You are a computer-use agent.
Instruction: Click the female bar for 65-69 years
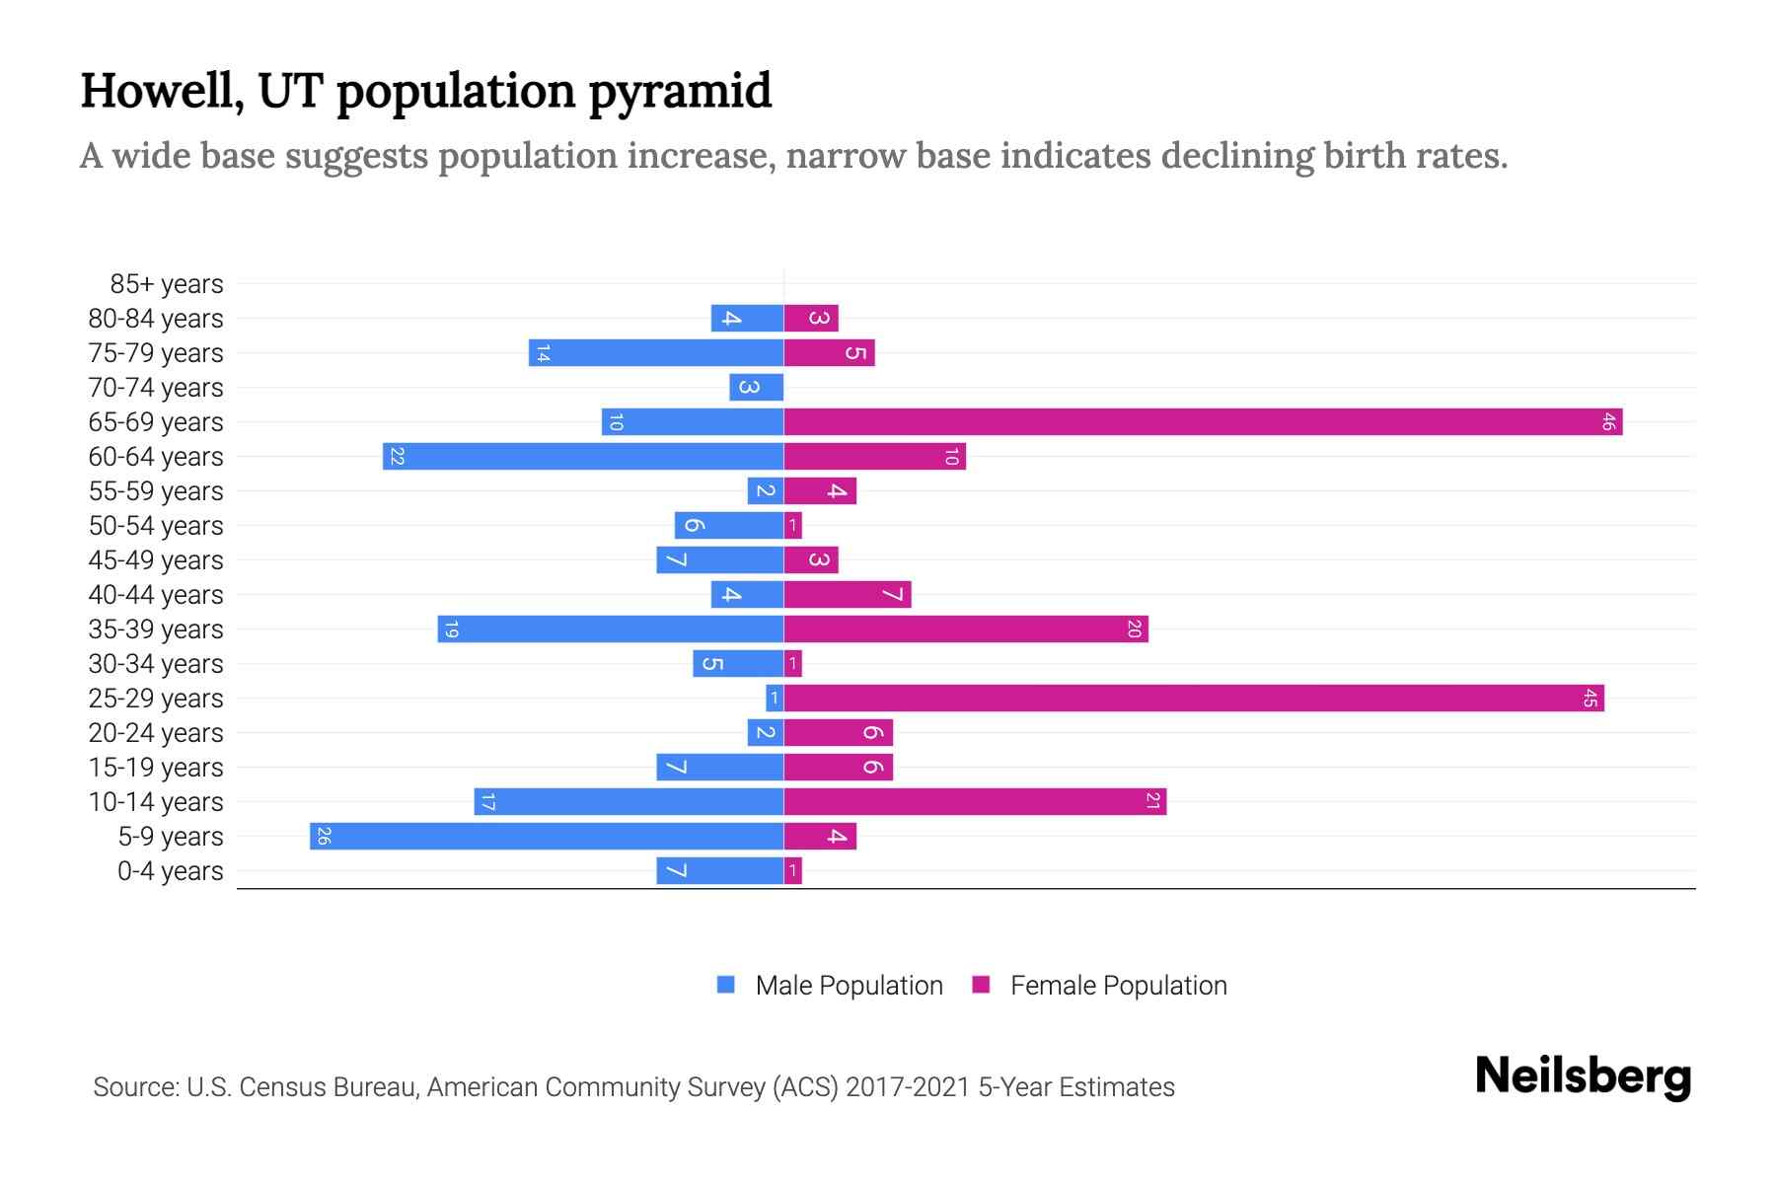pos(1202,422)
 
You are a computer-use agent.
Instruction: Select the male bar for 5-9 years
pos(547,837)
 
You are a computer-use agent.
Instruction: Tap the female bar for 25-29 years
pos(1194,699)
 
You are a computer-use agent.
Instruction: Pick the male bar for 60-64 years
pos(583,457)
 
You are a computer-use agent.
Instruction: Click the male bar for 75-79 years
pos(656,353)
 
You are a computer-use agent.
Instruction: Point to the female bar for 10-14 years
pos(975,802)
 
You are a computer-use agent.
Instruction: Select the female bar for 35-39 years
pos(965,629)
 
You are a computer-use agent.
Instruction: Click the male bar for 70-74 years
pos(757,388)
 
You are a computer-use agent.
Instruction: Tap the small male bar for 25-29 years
pos(775,699)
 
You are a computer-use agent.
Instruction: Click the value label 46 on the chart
pos(1608,422)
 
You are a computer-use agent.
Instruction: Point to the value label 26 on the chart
pos(323,837)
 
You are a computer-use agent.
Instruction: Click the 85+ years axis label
pos(167,284)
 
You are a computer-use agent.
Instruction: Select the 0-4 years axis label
pos(170,871)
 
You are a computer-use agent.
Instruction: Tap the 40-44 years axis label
pos(156,595)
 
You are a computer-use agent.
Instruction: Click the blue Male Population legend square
pos(726,985)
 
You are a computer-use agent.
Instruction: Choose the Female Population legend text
pos(1118,986)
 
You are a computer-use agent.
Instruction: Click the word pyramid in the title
pos(680,92)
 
